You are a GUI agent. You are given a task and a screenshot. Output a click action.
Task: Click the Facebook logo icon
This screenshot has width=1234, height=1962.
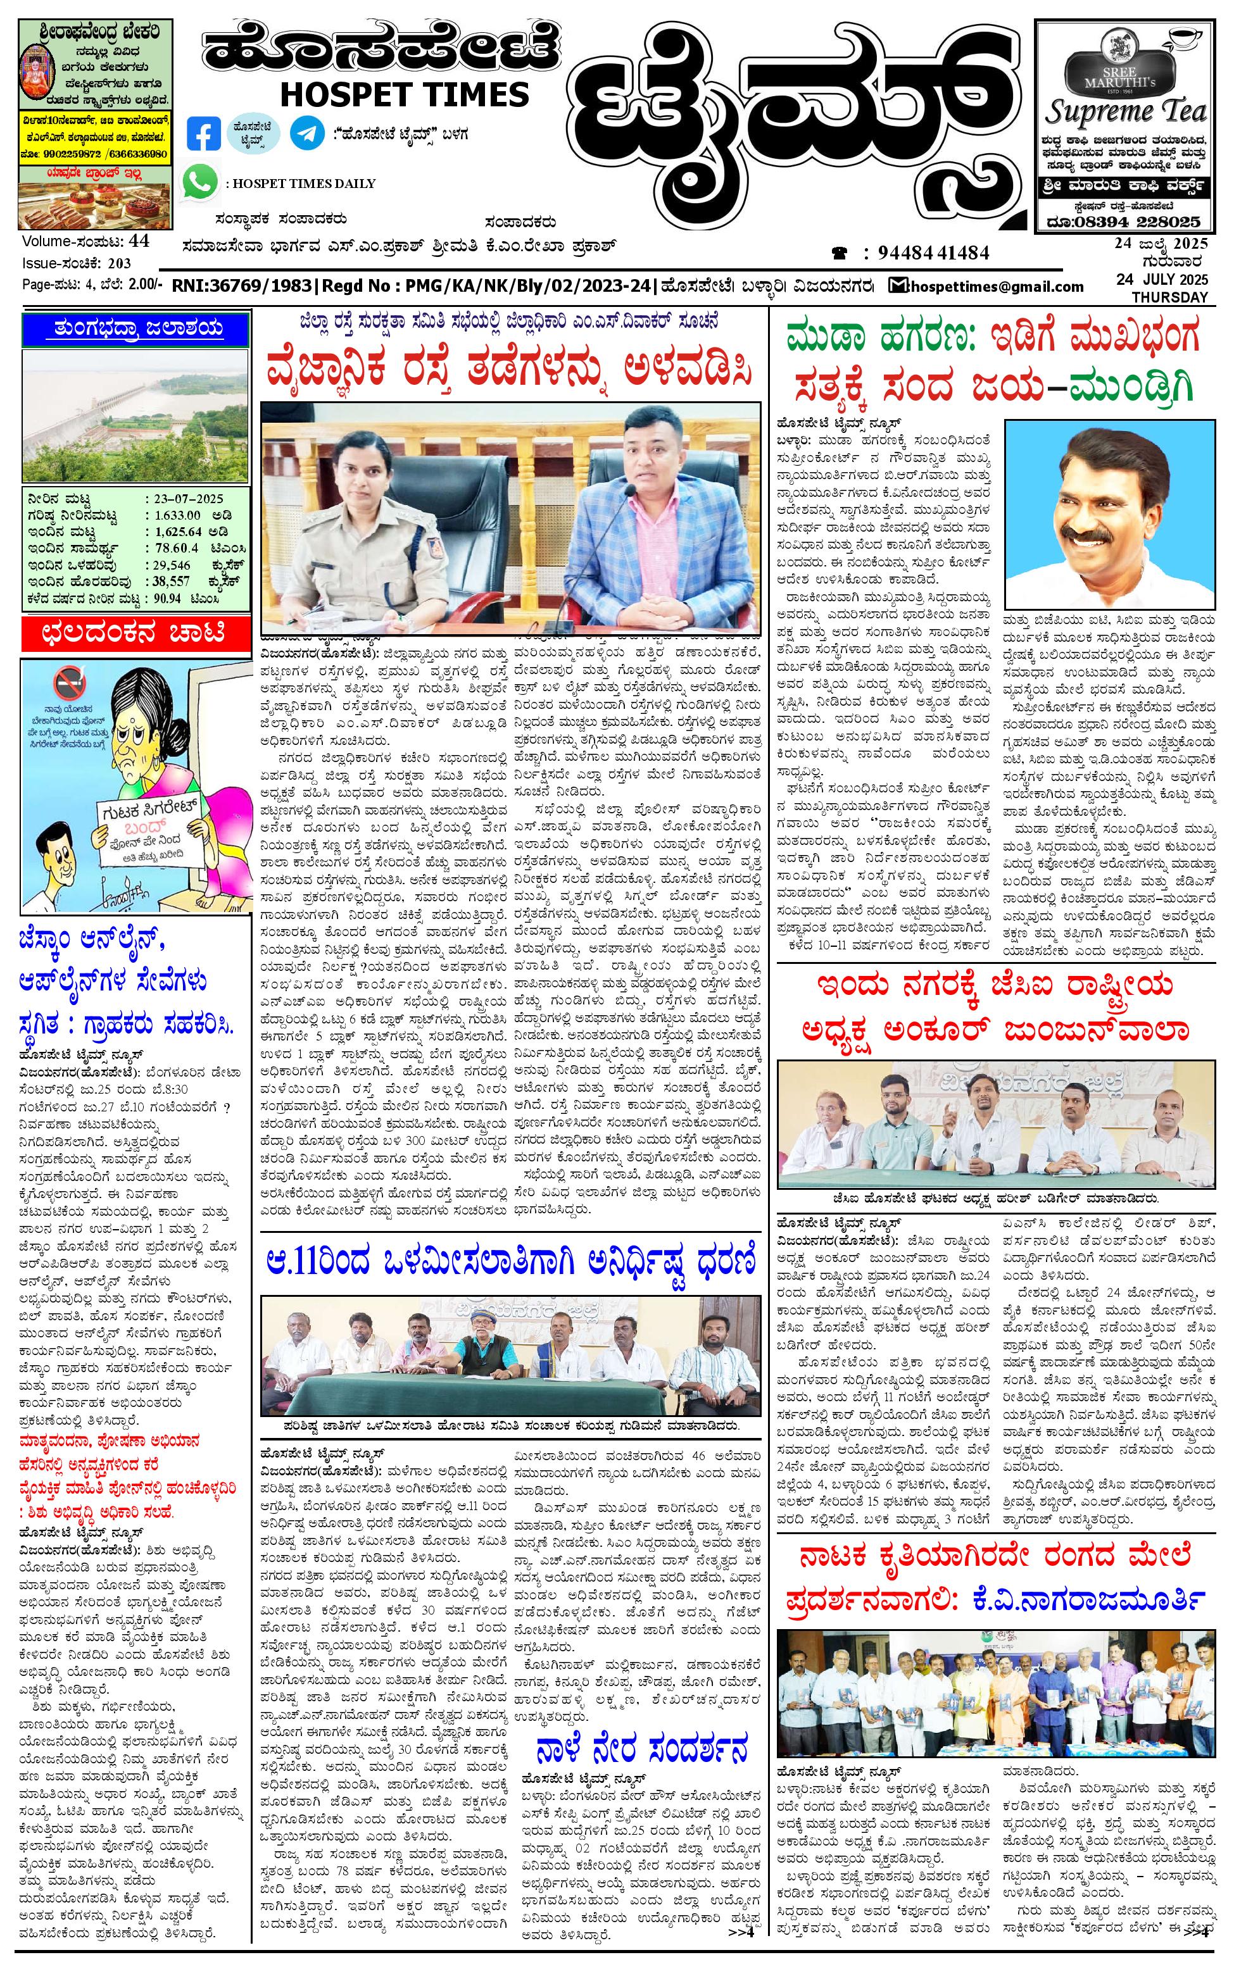(203, 134)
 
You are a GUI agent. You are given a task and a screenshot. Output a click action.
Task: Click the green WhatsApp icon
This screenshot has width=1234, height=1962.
(199, 181)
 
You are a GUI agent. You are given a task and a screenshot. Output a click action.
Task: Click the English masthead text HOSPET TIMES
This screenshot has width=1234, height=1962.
(403, 94)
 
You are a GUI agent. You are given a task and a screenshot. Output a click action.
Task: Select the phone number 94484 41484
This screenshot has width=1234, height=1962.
(933, 253)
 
